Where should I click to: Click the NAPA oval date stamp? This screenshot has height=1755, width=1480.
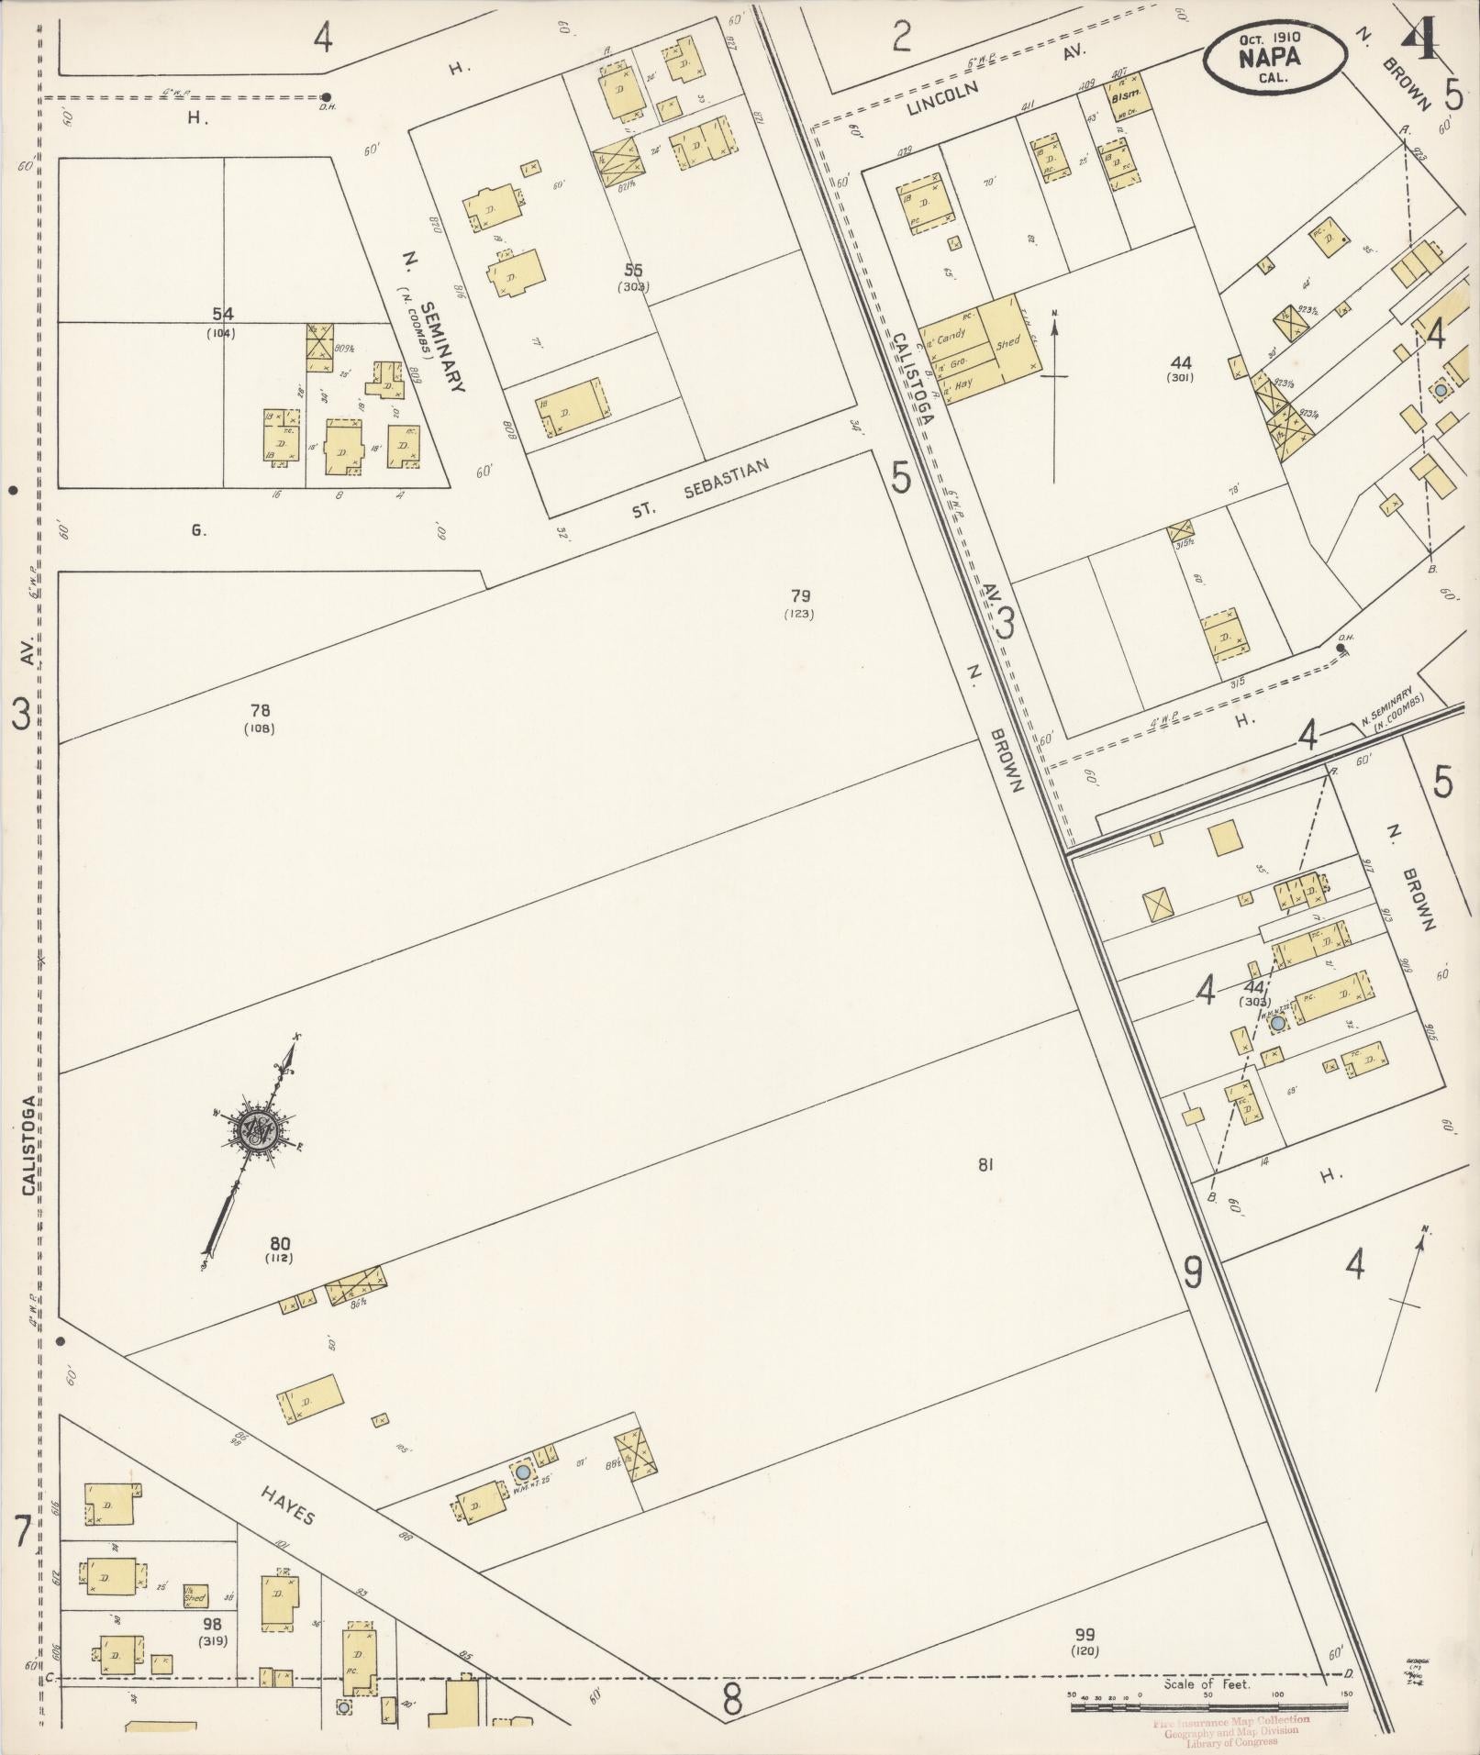1275,55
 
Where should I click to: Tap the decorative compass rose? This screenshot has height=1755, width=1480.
254,1129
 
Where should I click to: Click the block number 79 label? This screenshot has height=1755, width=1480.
798,596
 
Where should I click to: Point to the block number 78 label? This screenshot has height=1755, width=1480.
260,710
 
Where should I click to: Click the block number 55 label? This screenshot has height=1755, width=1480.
633,270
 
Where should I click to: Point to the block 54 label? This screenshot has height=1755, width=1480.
221,315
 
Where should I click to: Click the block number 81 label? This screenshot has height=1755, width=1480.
986,1165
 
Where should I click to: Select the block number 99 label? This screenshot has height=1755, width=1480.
1085,1634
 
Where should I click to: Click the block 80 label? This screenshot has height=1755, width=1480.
280,1244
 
